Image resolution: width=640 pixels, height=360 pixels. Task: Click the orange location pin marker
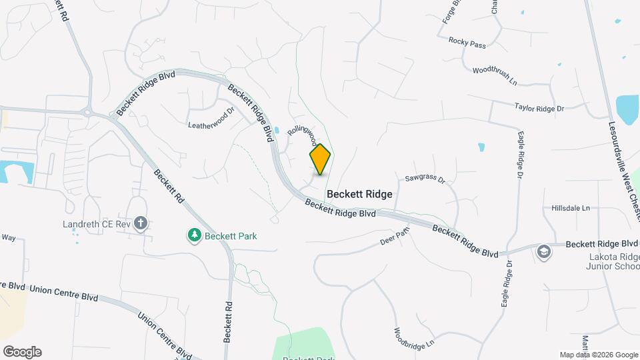[x=320, y=159]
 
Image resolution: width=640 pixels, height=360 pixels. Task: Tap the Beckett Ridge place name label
[x=359, y=193]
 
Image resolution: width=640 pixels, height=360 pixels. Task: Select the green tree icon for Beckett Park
[x=194, y=235]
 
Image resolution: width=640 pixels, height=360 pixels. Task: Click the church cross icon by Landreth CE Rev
[x=141, y=223]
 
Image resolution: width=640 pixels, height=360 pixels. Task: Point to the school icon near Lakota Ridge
[x=545, y=252]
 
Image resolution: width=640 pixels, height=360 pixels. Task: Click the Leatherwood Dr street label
[x=211, y=119]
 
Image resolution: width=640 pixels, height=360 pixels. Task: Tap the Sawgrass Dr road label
[x=425, y=179]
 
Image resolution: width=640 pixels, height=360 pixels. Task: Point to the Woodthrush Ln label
[x=495, y=74]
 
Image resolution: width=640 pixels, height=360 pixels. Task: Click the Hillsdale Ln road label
[x=571, y=208]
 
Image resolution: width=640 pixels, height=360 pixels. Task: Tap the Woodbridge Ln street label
[x=414, y=339]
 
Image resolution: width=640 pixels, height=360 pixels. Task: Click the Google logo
[x=22, y=352]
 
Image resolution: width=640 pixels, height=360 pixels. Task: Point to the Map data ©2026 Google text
[x=597, y=355]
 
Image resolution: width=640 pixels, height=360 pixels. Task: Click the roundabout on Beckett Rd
[x=87, y=111]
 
